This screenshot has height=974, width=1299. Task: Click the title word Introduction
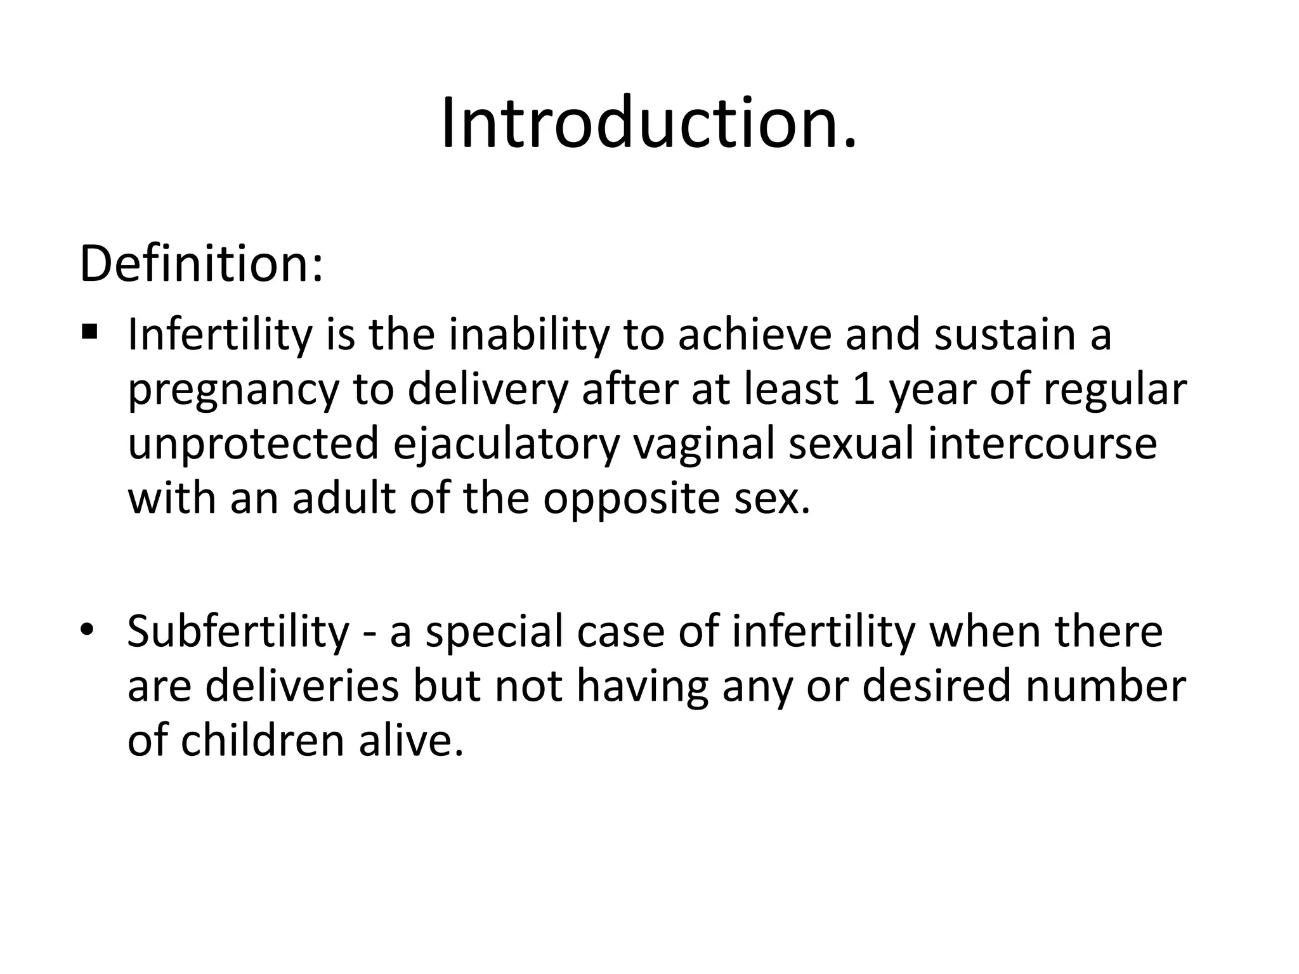(x=648, y=124)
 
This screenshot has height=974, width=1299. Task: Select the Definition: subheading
(x=201, y=264)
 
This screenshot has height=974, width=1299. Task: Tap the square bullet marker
(x=89, y=331)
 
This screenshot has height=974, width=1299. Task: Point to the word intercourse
(x=1043, y=444)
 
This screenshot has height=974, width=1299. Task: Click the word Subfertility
(x=238, y=632)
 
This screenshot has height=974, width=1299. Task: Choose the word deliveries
(x=302, y=686)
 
